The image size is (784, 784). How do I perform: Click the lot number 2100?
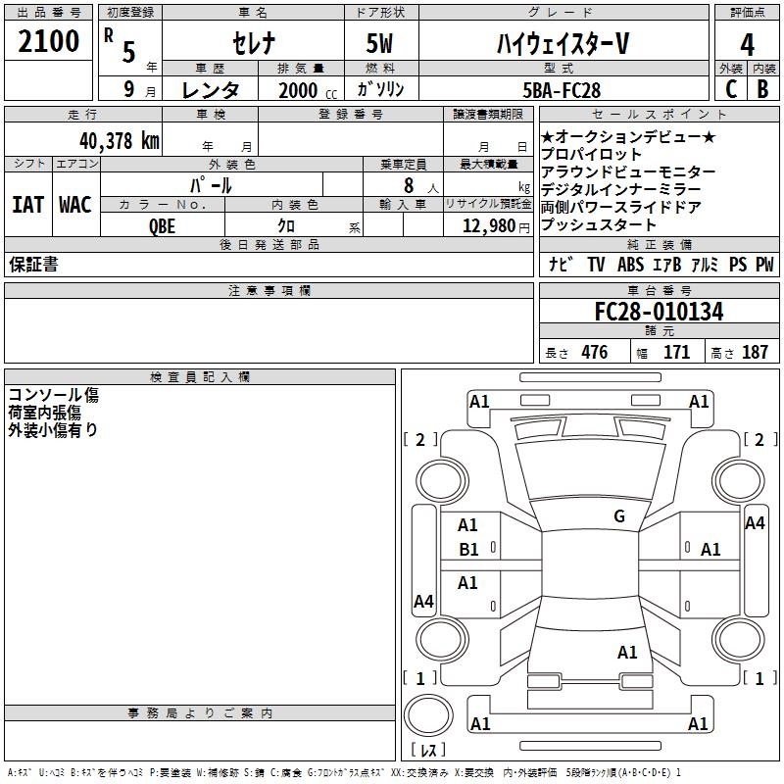(x=49, y=42)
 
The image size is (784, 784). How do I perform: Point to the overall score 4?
(x=747, y=44)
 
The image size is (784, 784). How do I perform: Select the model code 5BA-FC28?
(x=562, y=89)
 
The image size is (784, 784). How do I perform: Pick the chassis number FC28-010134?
(x=659, y=312)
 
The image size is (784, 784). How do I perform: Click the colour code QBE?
(x=163, y=224)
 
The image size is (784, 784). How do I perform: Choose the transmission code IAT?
(x=27, y=205)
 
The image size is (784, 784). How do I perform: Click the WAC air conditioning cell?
(x=74, y=205)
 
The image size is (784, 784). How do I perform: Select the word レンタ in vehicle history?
(x=210, y=89)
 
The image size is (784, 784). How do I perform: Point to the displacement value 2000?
(x=297, y=90)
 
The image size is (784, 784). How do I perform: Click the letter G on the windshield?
(x=618, y=516)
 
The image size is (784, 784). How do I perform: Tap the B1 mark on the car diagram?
(x=469, y=550)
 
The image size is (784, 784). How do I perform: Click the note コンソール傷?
(x=53, y=395)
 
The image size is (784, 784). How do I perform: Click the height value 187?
(x=755, y=353)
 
